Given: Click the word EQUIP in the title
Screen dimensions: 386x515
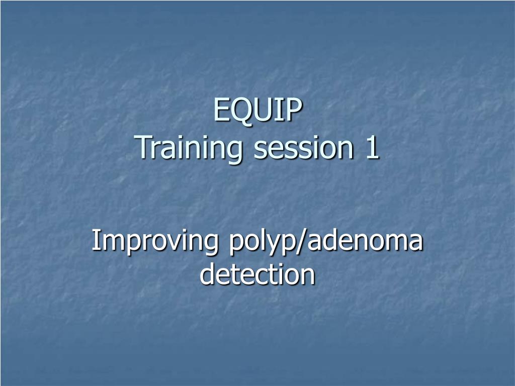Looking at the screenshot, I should coord(258,110).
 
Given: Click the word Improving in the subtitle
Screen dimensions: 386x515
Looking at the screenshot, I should coord(154,242).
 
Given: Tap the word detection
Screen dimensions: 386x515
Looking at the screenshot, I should coord(257,274).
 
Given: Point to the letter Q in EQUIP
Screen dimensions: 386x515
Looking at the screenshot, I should coord(239,111).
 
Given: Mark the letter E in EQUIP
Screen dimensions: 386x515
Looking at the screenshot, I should coord(220,110).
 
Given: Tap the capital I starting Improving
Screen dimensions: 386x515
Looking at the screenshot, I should coord(95,241).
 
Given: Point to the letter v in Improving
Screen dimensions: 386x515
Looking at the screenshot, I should coord(173,243).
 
